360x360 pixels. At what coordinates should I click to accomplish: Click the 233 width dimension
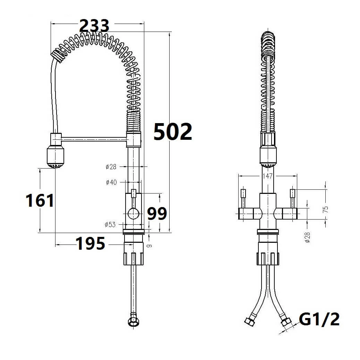(94, 26)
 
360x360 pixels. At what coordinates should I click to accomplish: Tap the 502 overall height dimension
(173, 132)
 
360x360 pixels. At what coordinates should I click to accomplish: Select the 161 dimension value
(40, 200)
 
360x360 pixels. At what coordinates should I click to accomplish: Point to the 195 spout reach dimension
(90, 244)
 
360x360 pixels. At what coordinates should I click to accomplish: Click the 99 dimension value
(157, 214)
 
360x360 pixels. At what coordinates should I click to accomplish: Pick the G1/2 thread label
(319, 319)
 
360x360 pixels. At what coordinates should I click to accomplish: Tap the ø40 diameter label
(111, 182)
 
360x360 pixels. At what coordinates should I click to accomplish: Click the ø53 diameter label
(110, 224)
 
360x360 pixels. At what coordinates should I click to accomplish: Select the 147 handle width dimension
(267, 176)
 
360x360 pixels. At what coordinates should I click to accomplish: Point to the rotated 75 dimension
(325, 209)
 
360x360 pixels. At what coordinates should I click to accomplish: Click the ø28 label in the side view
(111, 167)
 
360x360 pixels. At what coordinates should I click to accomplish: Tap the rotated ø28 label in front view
(307, 237)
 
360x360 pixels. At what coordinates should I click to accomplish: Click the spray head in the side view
(55, 158)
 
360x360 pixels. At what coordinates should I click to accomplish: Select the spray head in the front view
(268, 155)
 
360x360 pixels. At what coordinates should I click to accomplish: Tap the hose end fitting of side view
(133, 320)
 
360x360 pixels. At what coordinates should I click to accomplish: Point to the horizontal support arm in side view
(94, 139)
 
